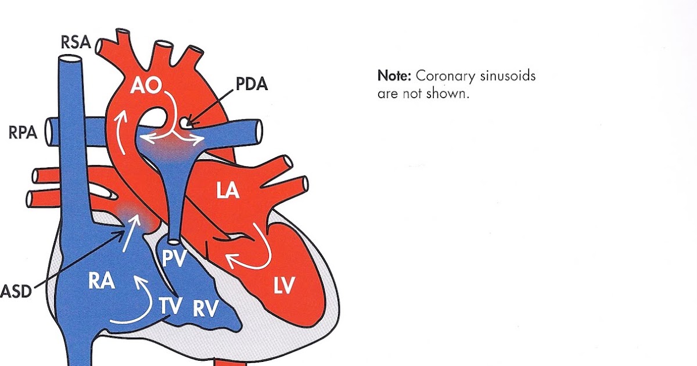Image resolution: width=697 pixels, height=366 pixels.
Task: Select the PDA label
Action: point(252,85)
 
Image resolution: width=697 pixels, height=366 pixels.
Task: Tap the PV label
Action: point(174,259)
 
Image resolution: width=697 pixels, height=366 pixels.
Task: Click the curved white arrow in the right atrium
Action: point(131,305)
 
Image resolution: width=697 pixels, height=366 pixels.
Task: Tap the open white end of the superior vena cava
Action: point(69,59)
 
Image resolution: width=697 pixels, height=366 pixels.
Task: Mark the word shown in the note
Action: point(448,94)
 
